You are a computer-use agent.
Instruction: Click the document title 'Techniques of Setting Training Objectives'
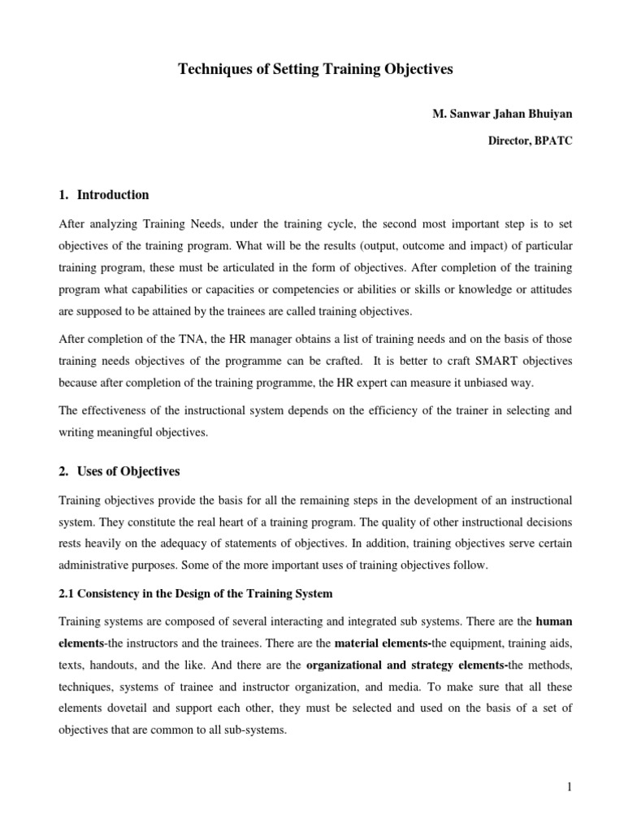point(315,70)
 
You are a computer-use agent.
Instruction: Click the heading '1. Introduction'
point(104,195)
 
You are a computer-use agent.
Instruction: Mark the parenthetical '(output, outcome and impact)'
point(367,245)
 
